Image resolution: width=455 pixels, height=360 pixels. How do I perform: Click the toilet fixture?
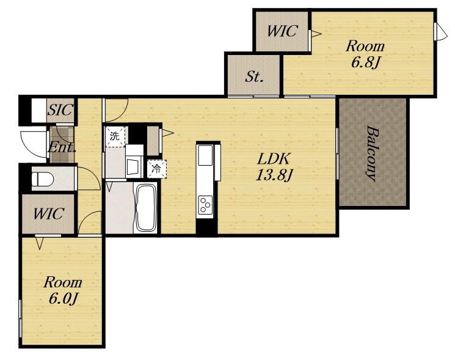43,179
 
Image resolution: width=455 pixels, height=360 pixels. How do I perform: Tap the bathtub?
146,207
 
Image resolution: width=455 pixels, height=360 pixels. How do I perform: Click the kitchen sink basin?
205,155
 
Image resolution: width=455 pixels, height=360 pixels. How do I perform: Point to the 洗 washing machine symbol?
115,136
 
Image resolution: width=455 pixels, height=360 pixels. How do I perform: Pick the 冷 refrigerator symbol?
157,169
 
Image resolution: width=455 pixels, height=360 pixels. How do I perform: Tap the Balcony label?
373,153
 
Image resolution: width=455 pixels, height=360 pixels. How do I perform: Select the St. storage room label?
254,76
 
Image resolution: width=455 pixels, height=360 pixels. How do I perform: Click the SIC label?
60,110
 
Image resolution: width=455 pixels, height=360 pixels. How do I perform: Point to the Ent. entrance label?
61,147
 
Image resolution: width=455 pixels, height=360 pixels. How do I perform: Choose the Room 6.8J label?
365,54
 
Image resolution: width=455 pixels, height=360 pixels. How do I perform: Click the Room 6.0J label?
63,290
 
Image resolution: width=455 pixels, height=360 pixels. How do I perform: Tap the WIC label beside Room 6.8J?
282,31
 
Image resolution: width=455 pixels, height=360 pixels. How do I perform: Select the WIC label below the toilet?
48,214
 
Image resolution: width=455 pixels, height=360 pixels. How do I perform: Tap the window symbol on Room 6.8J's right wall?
440,32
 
